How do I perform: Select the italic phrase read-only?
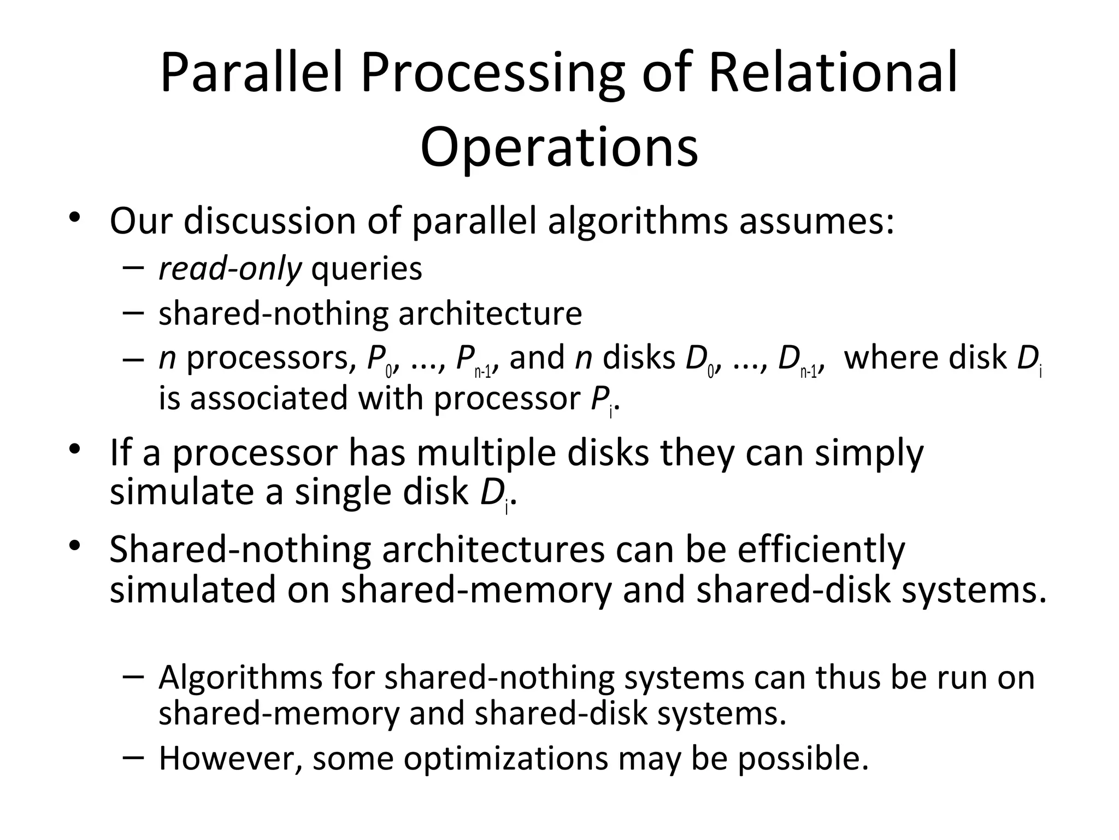pos(229,269)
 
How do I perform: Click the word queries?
pos(367,269)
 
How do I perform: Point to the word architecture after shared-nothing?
pos(490,313)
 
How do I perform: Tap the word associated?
pos(268,398)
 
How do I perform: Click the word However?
pos(230,759)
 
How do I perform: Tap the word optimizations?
pos(506,759)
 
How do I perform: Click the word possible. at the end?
pos(803,759)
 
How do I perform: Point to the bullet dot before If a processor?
pos(74,450)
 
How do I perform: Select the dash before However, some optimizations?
pos(133,756)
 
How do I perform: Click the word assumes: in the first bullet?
pos(817,221)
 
